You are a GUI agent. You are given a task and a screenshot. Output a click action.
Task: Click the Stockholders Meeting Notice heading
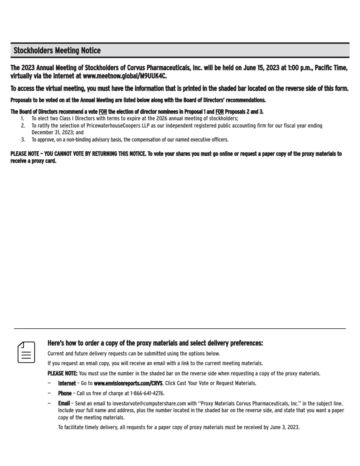pos(57,51)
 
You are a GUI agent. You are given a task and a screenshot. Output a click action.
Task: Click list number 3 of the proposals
pos(22,139)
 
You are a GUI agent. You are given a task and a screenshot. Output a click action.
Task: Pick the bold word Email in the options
pos(64,404)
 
